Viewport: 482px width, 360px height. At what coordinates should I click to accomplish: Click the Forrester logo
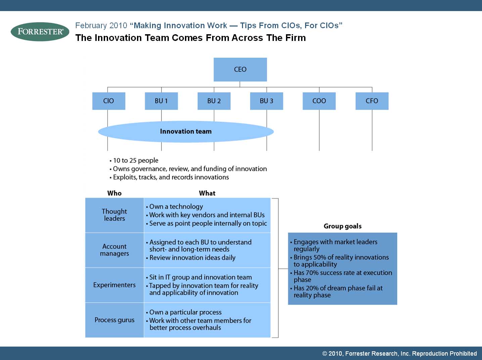(x=40, y=32)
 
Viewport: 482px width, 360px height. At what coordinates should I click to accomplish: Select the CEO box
(x=240, y=69)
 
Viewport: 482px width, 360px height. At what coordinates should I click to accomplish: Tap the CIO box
(x=109, y=101)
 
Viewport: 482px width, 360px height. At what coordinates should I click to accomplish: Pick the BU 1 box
(x=161, y=101)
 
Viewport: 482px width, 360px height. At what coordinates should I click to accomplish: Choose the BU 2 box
(x=214, y=101)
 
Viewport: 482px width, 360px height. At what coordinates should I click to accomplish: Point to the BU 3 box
(x=267, y=101)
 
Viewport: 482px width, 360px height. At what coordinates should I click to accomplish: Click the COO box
(x=319, y=101)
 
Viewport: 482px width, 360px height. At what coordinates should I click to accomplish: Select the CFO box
(x=372, y=101)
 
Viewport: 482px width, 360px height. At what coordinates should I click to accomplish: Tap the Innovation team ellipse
(x=186, y=132)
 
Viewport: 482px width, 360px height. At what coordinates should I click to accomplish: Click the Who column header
(x=114, y=193)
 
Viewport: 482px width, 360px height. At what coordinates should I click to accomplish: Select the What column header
(x=207, y=193)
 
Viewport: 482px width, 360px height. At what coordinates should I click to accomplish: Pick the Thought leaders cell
(x=114, y=215)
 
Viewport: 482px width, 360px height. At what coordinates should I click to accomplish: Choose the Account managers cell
(x=114, y=250)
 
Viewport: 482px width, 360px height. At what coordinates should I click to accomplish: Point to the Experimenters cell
(x=114, y=285)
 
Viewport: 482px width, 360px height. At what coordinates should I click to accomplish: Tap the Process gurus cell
(x=114, y=320)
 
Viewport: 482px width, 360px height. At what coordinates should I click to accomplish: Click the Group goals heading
(x=343, y=226)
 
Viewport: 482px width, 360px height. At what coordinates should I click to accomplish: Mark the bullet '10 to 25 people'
(x=134, y=160)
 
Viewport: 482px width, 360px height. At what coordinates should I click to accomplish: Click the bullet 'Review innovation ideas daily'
(x=191, y=258)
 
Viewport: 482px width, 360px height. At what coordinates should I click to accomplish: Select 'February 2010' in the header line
(x=101, y=25)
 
